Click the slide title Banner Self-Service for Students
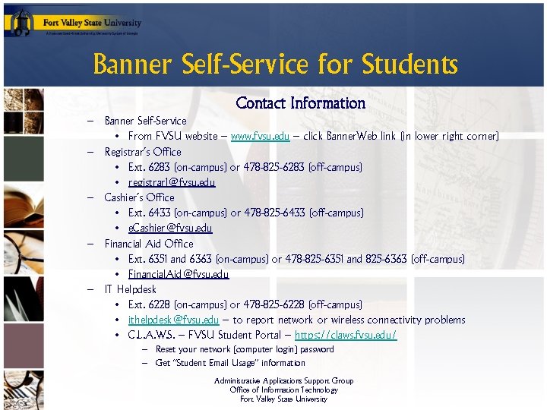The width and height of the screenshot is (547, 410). tap(275, 65)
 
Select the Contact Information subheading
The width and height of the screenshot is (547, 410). tap(301, 102)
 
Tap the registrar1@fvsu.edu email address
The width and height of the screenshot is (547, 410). tap(172, 182)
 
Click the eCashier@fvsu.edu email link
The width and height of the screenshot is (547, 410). tap(170, 228)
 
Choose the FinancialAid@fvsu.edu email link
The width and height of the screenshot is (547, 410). tap(179, 274)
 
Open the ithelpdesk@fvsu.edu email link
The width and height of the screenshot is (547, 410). tap(174, 320)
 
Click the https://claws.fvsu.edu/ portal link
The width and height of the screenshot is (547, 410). tap(346, 335)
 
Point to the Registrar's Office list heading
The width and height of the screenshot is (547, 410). tap(143, 152)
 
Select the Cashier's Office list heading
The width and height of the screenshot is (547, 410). tap(139, 197)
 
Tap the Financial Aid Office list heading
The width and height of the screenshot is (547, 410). tap(149, 244)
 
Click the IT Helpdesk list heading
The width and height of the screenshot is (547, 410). tap(131, 289)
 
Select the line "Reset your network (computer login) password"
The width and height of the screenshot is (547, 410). tap(245, 349)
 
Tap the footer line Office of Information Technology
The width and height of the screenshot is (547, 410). tap(283, 390)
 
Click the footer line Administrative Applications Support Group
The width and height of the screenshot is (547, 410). tap(283, 381)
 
